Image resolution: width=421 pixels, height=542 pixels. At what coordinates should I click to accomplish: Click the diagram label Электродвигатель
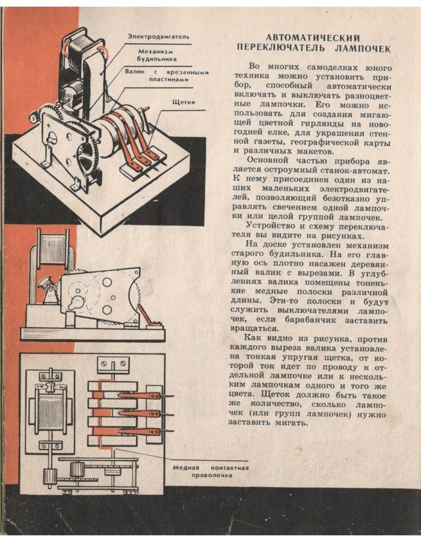(x=158, y=36)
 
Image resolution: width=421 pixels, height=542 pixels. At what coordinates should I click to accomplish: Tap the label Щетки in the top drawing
(x=183, y=102)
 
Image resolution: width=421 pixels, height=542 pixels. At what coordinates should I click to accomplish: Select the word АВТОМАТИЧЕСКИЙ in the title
(x=313, y=38)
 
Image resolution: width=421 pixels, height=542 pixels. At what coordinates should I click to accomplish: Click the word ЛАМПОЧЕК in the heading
(x=363, y=48)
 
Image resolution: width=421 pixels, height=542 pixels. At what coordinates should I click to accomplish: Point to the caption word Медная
(x=186, y=467)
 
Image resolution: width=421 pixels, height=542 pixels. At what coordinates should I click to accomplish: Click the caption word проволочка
(x=212, y=475)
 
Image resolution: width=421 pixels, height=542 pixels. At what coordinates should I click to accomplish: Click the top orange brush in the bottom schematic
(x=140, y=395)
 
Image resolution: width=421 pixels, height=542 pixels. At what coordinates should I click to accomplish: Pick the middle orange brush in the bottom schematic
(x=140, y=413)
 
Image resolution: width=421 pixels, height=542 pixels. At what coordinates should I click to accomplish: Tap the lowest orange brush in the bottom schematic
(x=140, y=431)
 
